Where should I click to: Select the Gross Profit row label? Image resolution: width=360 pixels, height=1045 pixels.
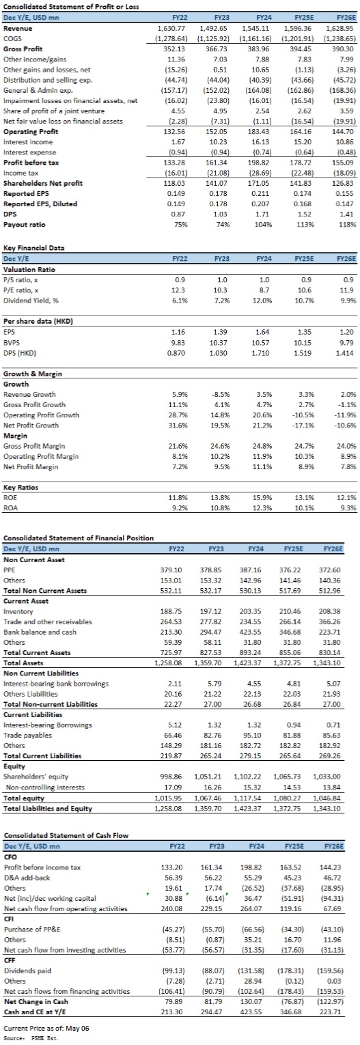[x=23, y=48]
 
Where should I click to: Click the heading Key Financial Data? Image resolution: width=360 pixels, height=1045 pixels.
[x=34, y=248]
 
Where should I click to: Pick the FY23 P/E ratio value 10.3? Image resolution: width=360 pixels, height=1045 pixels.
[x=221, y=290]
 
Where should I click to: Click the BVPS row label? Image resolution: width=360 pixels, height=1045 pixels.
[x=11, y=342]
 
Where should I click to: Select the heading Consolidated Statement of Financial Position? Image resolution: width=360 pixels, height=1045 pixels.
[x=79, y=538]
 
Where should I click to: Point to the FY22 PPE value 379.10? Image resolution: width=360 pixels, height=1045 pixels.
[x=171, y=570]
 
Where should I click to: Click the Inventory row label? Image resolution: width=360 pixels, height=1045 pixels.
[x=18, y=611]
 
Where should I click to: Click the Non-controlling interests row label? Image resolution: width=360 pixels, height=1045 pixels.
[x=45, y=787]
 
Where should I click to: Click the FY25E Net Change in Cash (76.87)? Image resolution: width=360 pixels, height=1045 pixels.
[x=292, y=1001]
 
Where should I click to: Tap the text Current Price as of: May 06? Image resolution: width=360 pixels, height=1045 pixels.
[x=46, y=1028]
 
